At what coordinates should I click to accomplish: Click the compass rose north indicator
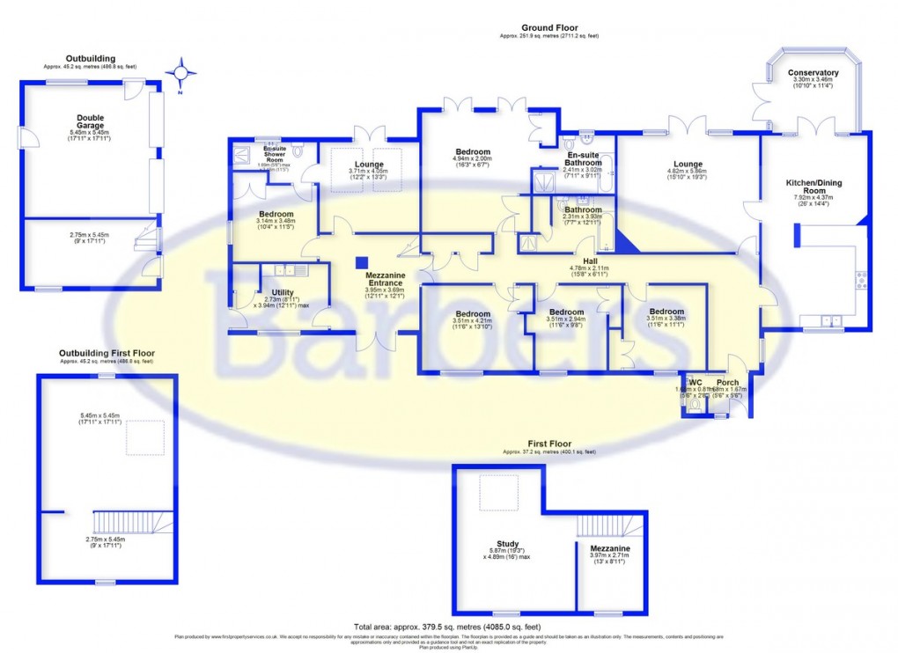tap(181, 73)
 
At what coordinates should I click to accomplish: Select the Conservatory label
tap(813, 73)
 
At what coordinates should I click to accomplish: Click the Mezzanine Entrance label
tap(385, 279)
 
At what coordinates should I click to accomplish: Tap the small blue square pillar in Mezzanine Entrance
tap(361, 262)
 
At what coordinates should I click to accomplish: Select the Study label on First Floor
tap(507, 544)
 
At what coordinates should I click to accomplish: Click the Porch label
tap(727, 383)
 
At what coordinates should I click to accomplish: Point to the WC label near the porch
tap(695, 383)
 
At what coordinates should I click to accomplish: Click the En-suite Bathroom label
tap(584, 158)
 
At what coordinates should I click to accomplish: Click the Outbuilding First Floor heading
tap(107, 353)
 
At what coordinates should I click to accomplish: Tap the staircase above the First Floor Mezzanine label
tap(610, 526)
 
